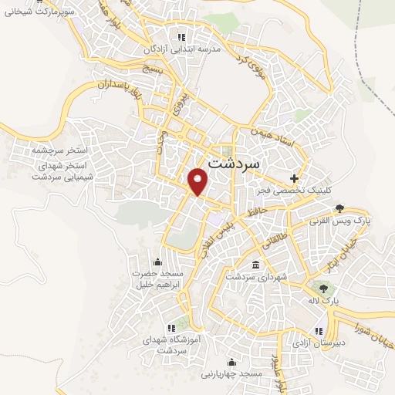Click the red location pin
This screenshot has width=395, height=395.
(199, 181)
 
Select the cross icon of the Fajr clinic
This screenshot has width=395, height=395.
(294, 177)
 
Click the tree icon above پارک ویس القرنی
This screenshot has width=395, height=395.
(340, 208)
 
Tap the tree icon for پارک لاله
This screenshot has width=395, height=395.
(322, 288)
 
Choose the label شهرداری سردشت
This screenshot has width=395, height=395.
(256, 275)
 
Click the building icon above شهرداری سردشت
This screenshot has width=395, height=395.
(255, 264)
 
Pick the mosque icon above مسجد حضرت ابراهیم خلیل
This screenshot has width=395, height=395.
(158, 261)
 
